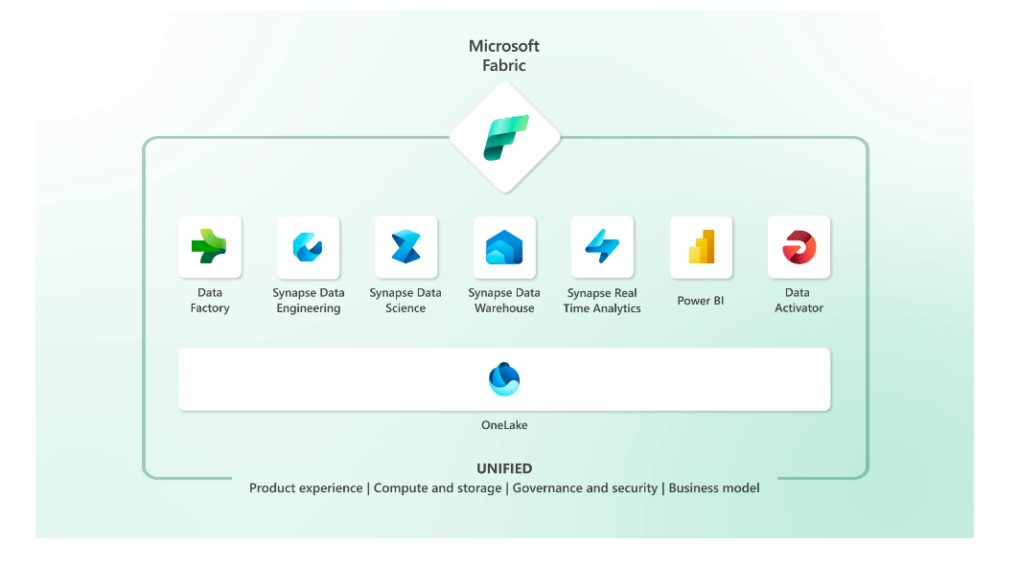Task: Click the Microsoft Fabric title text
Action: [504, 56]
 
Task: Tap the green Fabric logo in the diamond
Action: [505, 137]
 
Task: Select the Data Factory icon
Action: [210, 247]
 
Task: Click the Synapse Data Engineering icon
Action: [308, 247]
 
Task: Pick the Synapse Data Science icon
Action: [405, 247]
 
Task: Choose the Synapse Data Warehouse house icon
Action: [504, 247]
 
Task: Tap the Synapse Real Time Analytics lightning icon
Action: [602, 247]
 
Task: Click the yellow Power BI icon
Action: [701, 247]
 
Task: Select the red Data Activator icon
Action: [799, 247]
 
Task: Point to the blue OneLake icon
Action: [504, 379]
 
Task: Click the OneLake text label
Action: [504, 425]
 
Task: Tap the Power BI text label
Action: [701, 301]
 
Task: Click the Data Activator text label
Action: [799, 301]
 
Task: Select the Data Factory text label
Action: [210, 301]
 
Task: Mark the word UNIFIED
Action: [504, 468]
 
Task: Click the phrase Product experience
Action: [306, 488]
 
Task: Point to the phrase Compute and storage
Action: [437, 488]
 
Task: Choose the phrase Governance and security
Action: [585, 488]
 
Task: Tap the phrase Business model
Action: [714, 488]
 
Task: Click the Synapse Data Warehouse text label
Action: [504, 301]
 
